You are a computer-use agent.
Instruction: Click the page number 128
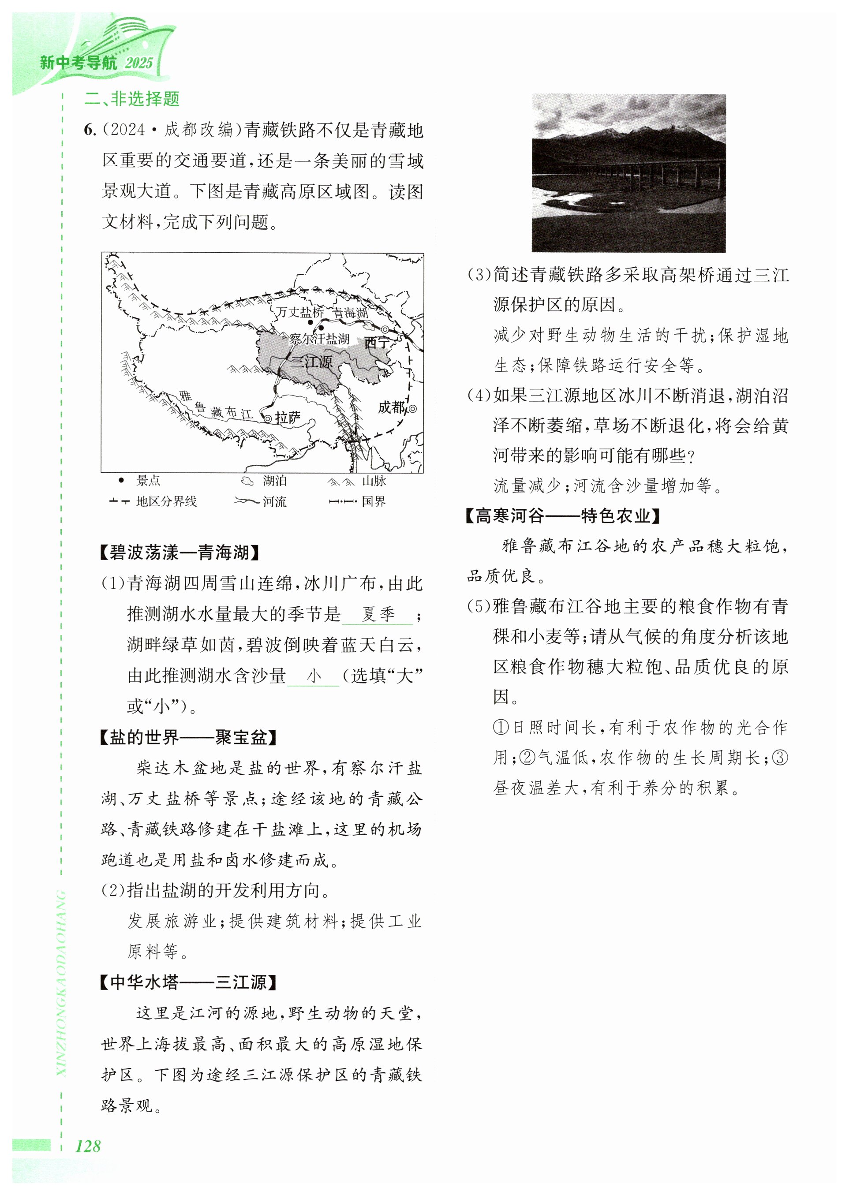pyautogui.click(x=88, y=1146)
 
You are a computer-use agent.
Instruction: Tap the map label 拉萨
pyautogui.click(x=288, y=417)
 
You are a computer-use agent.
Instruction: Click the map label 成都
pyautogui.click(x=392, y=407)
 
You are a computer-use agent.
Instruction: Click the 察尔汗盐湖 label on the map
pyautogui.click(x=319, y=339)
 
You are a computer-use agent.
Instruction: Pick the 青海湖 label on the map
pyautogui.click(x=351, y=313)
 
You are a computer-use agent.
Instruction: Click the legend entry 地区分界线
pyautogui.click(x=166, y=501)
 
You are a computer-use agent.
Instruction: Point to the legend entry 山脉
pyautogui.click(x=374, y=480)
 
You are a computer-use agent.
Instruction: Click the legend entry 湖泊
pyautogui.click(x=274, y=480)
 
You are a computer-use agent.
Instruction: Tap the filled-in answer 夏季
pyautogui.click(x=378, y=614)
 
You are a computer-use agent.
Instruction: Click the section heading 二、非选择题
pyautogui.click(x=132, y=98)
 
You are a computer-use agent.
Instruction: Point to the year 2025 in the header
pyautogui.click(x=138, y=63)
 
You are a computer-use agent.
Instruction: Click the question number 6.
pyautogui.click(x=90, y=130)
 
